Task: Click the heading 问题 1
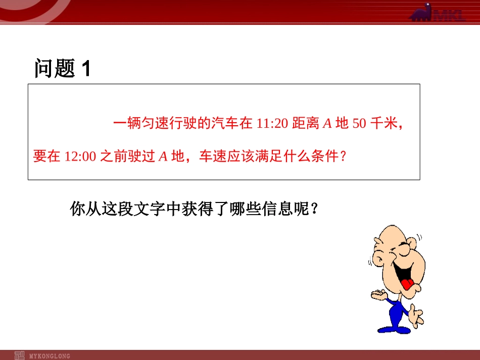point(63,68)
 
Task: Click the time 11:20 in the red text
point(272,124)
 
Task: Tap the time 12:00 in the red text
point(80,157)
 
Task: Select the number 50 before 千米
point(359,124)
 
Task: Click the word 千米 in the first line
point(384,123)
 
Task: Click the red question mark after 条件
point(343,156)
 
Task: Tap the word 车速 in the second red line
point(213,156)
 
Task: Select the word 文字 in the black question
point(150,209)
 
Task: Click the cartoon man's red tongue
point(407,284)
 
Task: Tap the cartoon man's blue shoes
point(394,330)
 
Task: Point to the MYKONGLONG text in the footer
point(50,356)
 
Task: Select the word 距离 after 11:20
point(306,123)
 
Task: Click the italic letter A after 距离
point(327,124)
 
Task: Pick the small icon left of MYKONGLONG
point(19,355)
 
